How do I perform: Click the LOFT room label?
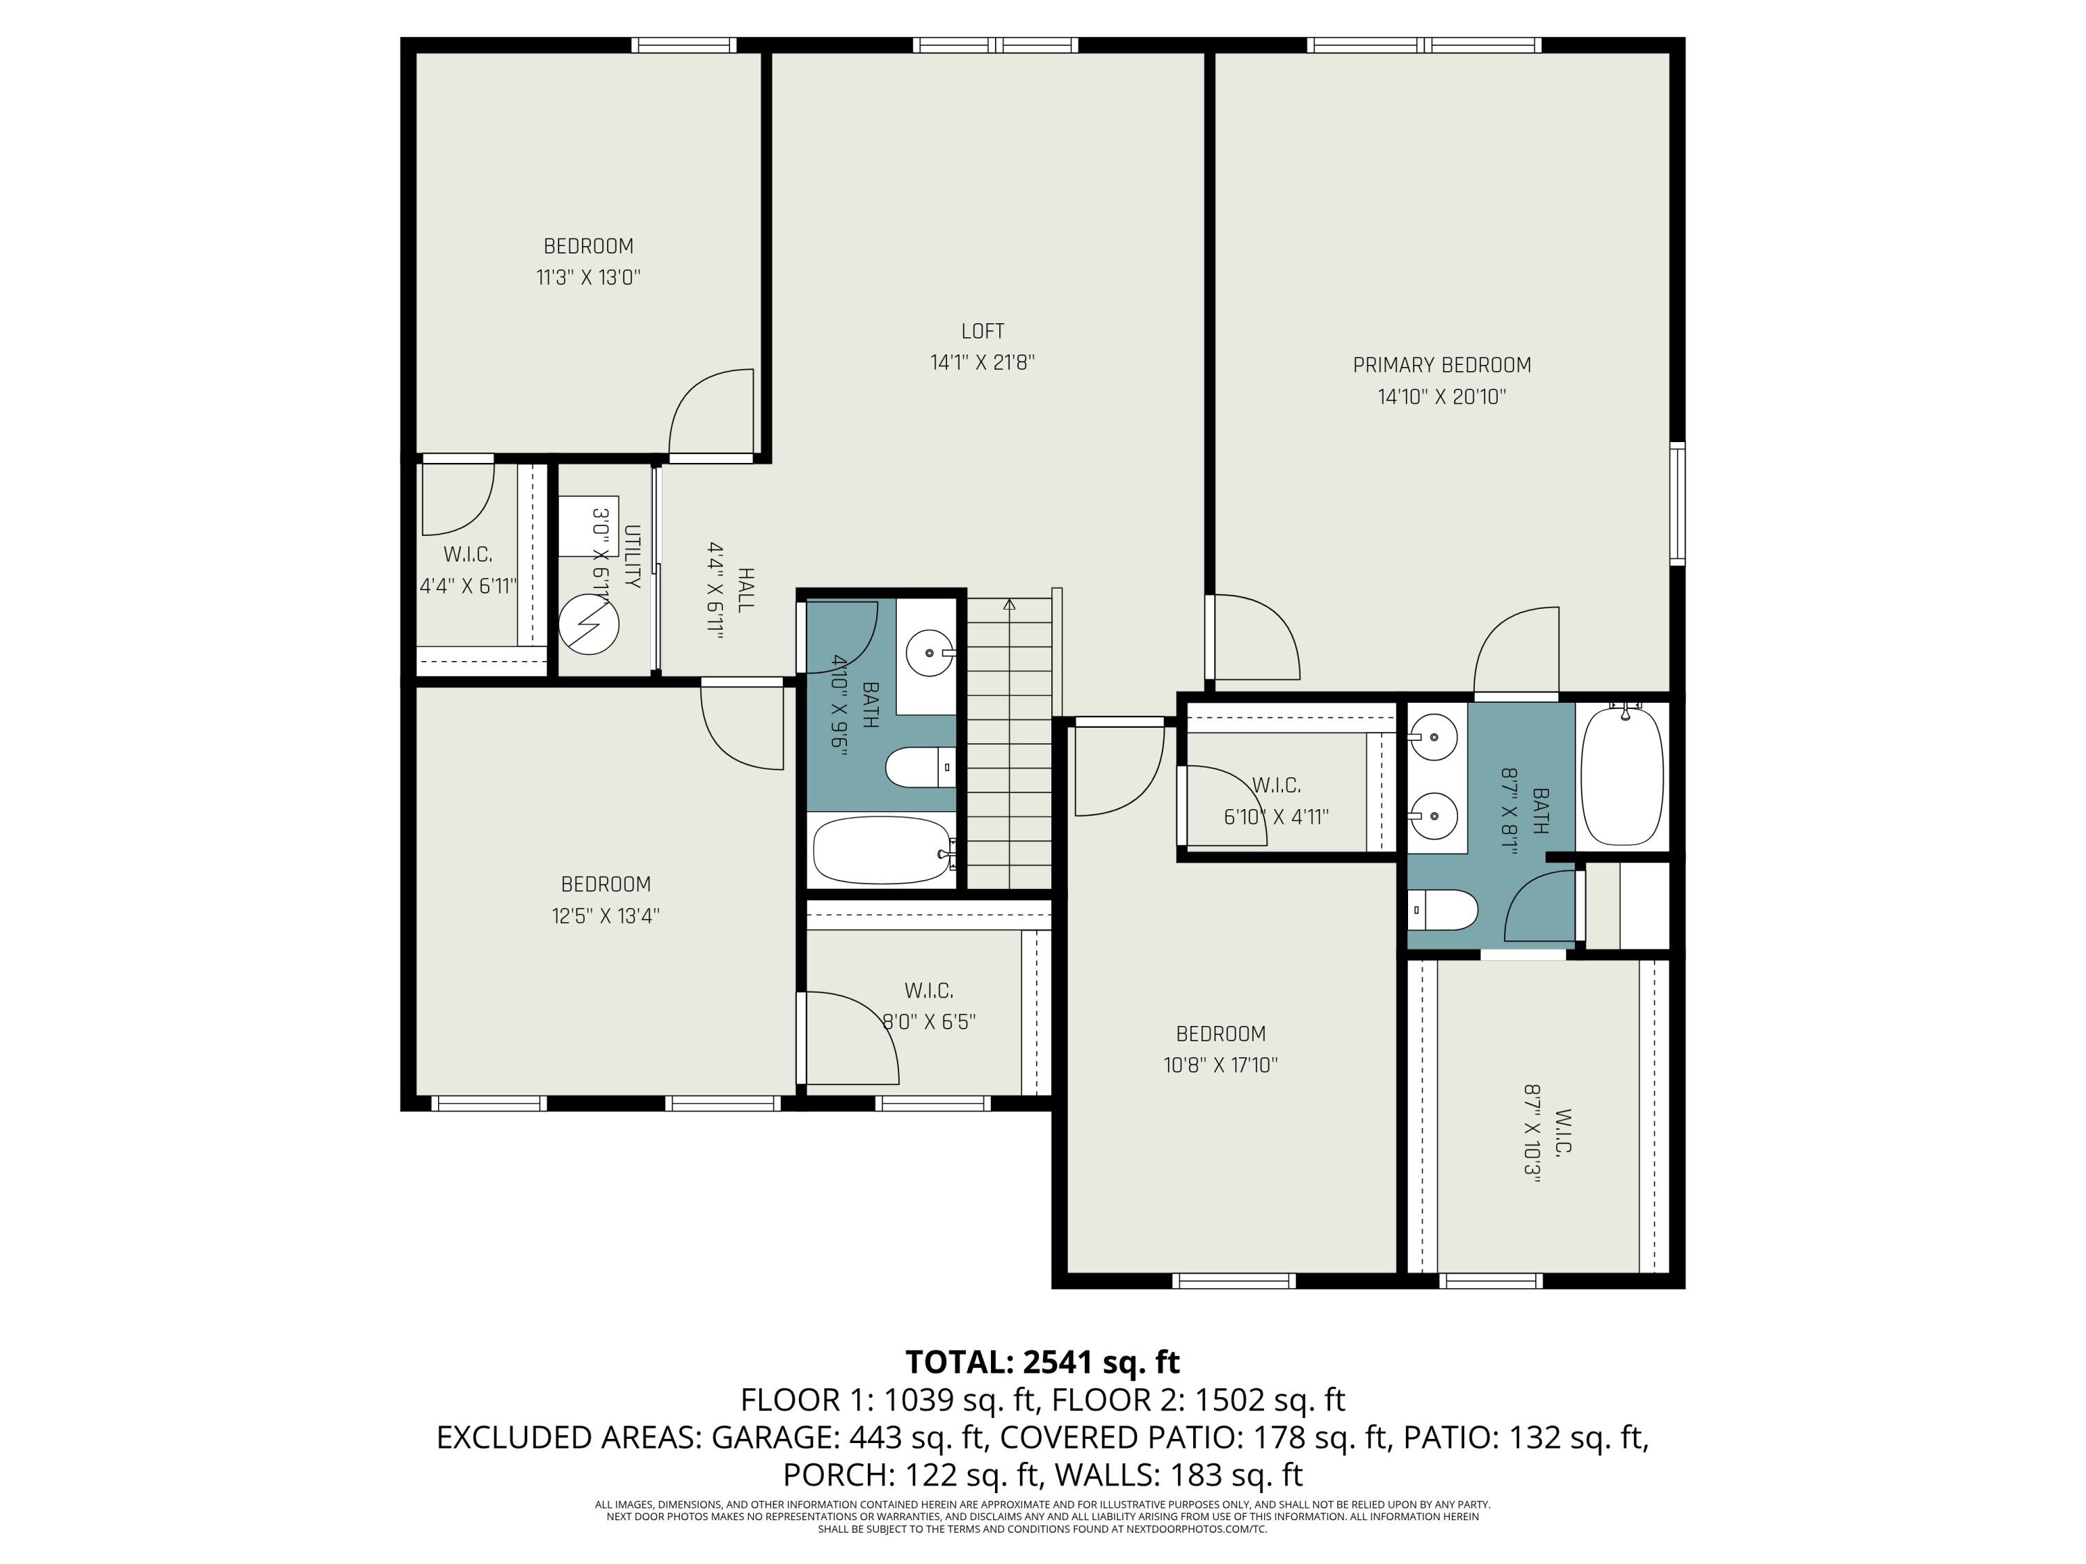(x=982, y=331)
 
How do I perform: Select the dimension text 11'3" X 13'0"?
(x=588, y=277)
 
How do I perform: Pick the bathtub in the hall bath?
(x=882, y=850)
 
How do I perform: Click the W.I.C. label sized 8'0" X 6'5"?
(x=929, y=991)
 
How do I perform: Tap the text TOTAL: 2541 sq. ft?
(x=1042, y=1362)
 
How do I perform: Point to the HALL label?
(x=745, y=590)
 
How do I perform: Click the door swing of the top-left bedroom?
(x=712, y=413)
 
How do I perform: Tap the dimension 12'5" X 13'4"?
(x=606, y=915)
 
